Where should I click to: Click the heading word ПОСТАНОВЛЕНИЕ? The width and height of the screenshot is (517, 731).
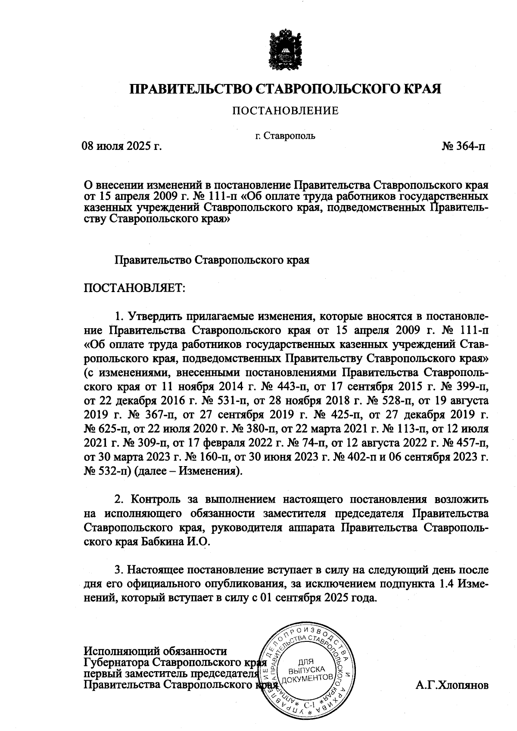(x=286, y=111)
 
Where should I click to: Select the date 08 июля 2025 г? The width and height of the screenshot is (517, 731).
(x=122, y=146)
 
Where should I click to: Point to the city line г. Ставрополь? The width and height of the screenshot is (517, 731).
(x=285, y=136)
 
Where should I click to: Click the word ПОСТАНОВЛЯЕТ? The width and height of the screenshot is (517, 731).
(x=134, y=288)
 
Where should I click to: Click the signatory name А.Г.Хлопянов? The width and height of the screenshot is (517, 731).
(x=452, y=685)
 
